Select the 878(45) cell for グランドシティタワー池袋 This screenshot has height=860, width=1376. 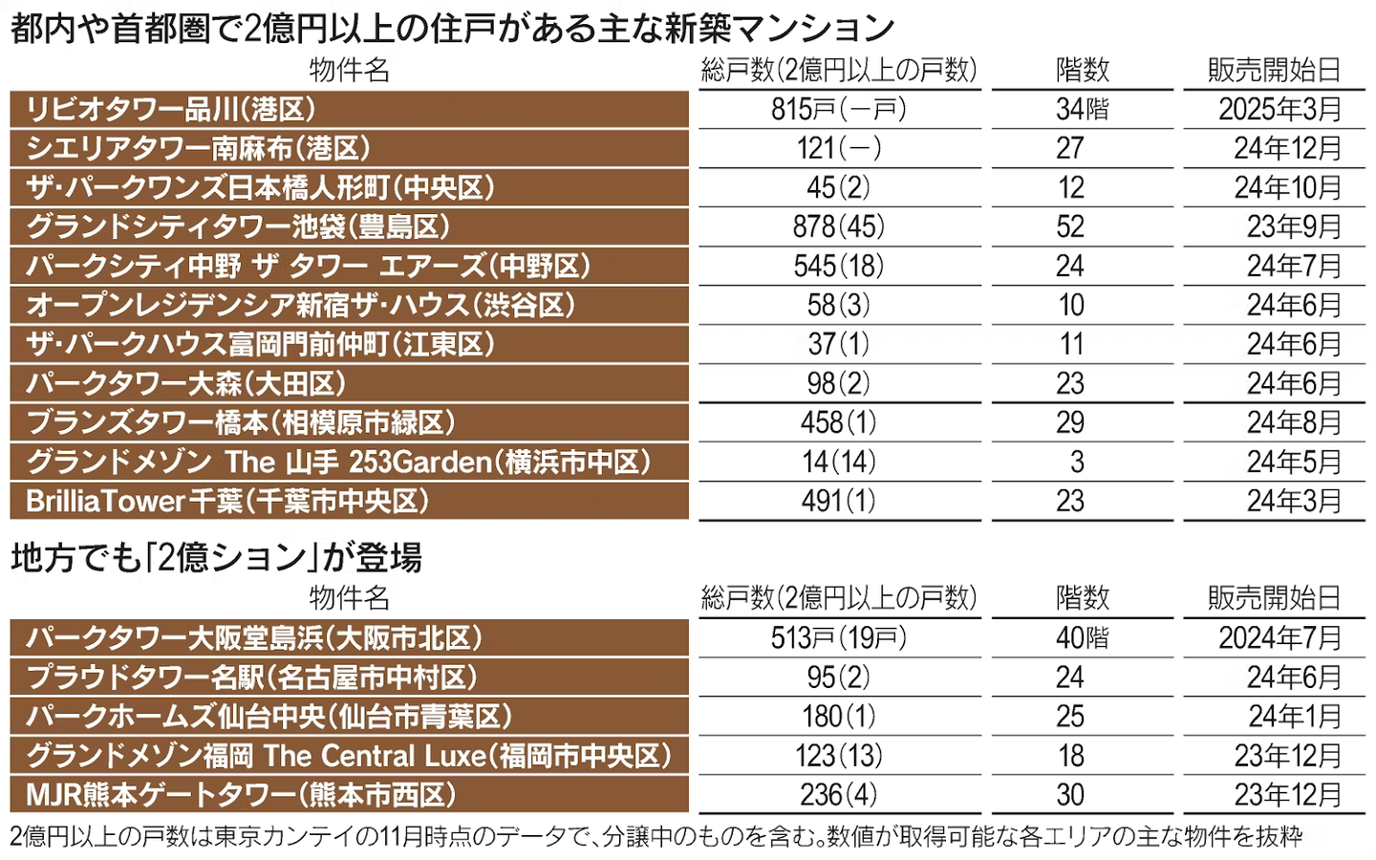pyautogui.click(x=838, y=227)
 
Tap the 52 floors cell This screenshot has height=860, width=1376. pyautogui.click(x=1070, y=227)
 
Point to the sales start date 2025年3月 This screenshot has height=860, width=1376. pyautogui.click(x=1279, y=110)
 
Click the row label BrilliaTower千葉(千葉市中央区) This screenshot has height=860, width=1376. pyautogui.click(x=227, y=502)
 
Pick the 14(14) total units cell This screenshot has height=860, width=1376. pyautogui.click(x=838, y=462)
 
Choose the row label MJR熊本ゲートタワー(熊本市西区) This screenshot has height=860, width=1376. pyautogui.click(x=241, y=795)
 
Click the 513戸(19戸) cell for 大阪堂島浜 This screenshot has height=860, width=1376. pyautogui.click(x=838, y=638)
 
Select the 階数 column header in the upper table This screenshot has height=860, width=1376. pyautogui.click(x=1082, y=70)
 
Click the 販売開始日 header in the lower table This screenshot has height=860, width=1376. pyautogui.click(x=1274, y=598)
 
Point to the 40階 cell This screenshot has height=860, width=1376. pyautogui.click(x=1082, y=638)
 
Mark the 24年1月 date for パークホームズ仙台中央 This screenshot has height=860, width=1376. pyautogui.click(x=1294, y=717)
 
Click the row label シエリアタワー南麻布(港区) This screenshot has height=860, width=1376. pyautogui.click(x=198, y=149)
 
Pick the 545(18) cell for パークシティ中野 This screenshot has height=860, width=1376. pyautogui.click(x=838, y=267)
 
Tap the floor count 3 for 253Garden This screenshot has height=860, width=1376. pyautogui.click(x=1077, y=462)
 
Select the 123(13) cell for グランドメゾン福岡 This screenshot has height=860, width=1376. pyautogui.click(x=838, y=756)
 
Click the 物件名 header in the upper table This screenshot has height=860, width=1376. pyautogui.click(x=349, y=70)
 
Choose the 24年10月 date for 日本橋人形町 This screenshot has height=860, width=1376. pyautogui.click(x=1287, y=188)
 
